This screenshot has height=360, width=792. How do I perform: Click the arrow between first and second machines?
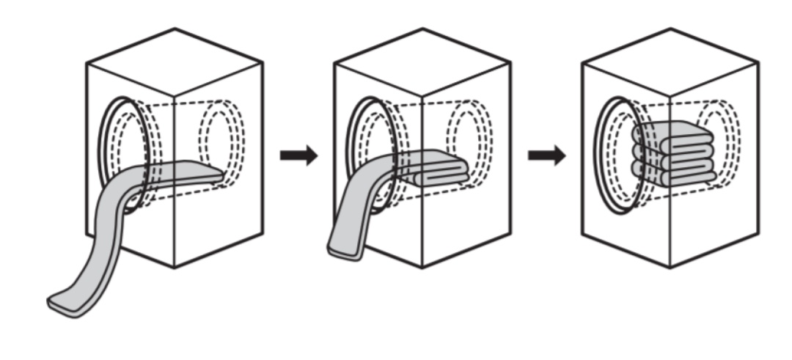pyautogui.click(x=298, y=155)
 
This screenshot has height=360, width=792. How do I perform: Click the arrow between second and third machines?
pyautogui.click(x=546, y=155)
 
